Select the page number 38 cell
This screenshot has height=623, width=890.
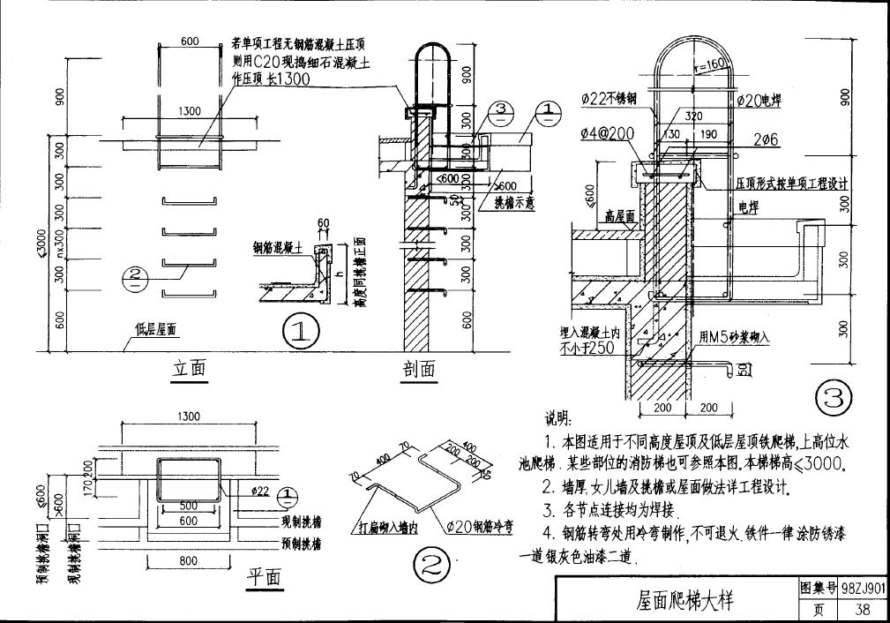pos(863,609)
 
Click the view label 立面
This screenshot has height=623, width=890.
pos(188,369)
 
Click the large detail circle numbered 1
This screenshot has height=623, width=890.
pos(300,332)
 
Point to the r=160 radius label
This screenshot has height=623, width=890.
pos(708,64)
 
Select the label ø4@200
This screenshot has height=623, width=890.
pos(608,133)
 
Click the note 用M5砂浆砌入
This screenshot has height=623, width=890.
pos(734,337)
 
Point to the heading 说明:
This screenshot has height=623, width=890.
pos(558,418)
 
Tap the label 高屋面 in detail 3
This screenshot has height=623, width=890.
pos(621,215)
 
